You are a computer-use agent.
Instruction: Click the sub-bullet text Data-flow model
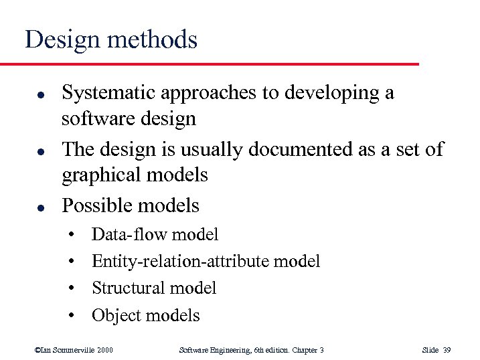(x=155, y=234)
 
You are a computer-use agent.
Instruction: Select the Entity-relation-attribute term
(x=181, y=261)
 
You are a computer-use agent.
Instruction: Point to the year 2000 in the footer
(x=105, y=350)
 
